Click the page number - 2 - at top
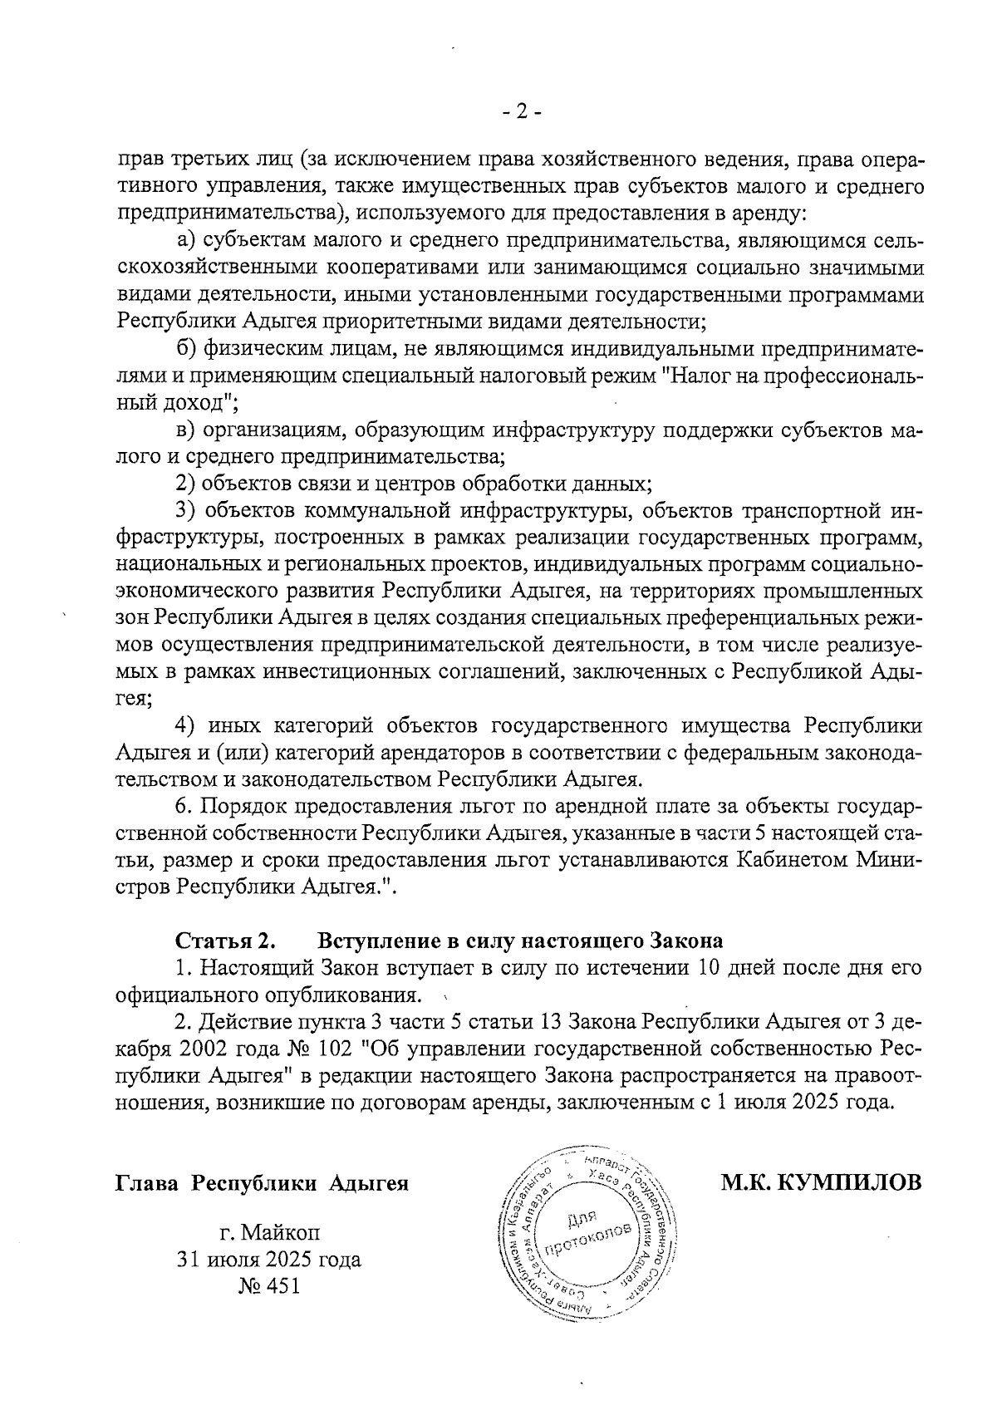(523, 112)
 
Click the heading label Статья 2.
(224, 941)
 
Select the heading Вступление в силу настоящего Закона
(520, 941)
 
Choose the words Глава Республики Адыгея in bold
(262, 1182)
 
